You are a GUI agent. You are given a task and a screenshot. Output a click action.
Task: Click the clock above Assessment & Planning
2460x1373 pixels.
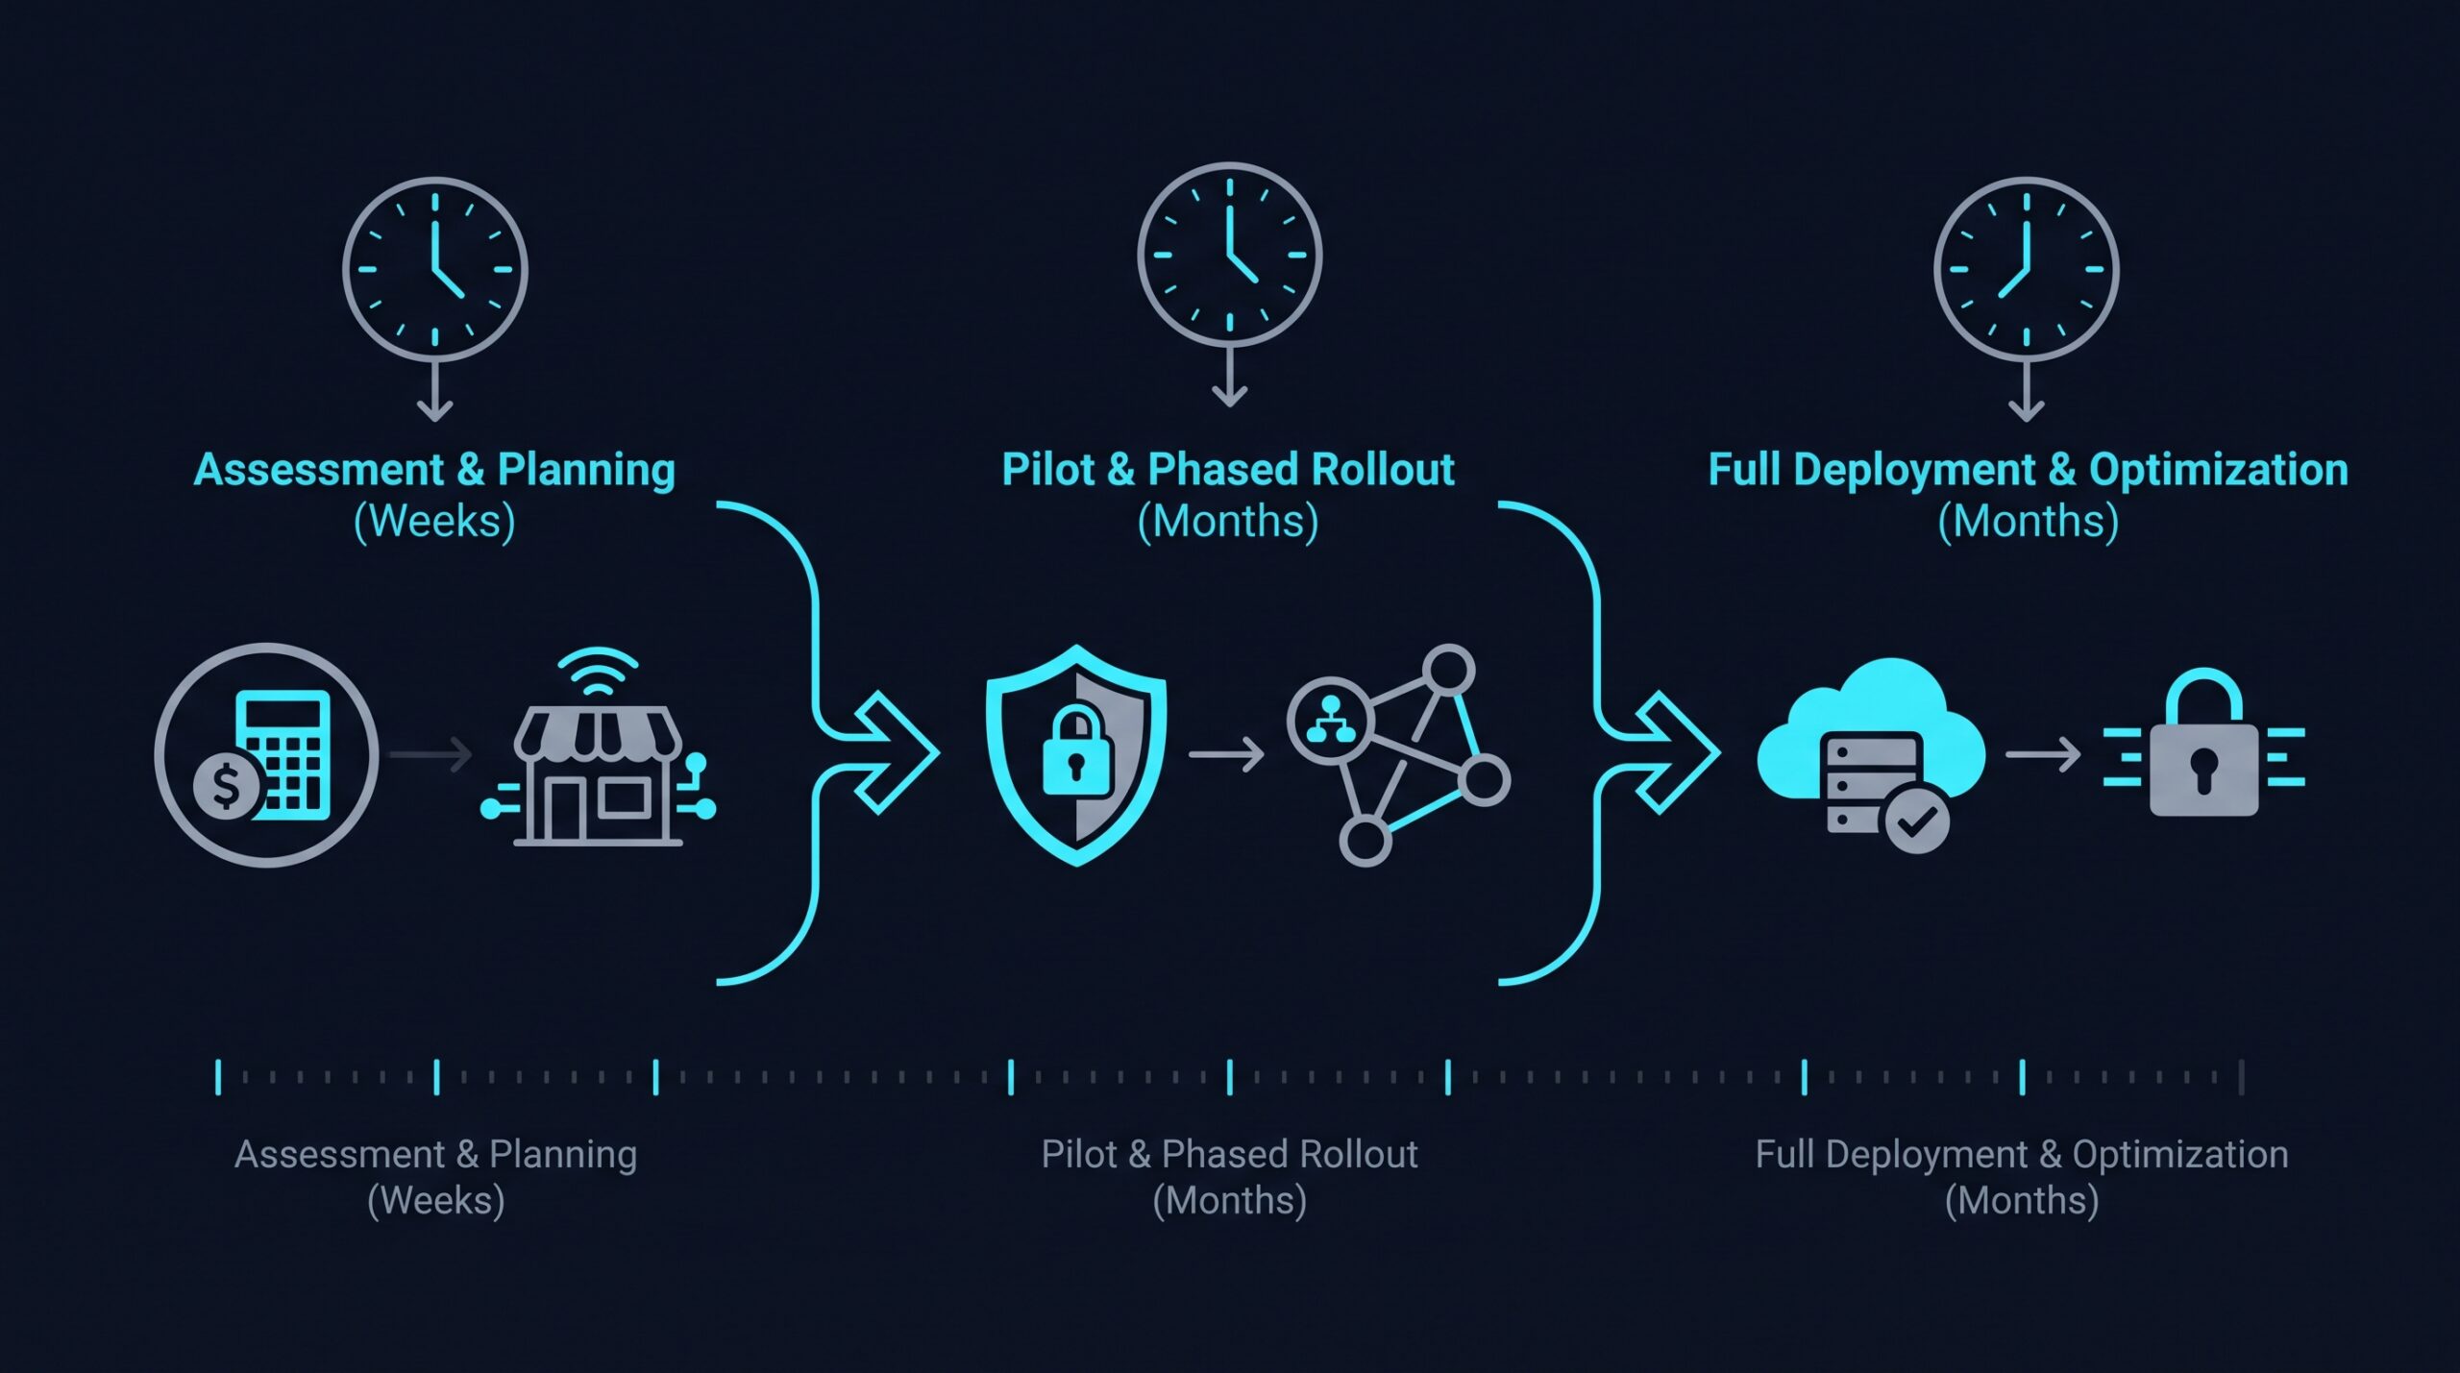[x=435, y=270]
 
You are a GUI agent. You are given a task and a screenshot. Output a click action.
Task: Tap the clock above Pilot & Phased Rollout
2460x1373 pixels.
[x=1230, y=256]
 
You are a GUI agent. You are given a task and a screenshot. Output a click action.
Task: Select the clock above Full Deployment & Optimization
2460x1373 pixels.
[x=2027, y=270]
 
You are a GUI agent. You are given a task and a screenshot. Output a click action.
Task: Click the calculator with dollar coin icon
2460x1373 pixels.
[x=266, y=755]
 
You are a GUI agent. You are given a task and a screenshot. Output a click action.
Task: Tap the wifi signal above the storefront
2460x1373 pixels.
[x=598, y=673]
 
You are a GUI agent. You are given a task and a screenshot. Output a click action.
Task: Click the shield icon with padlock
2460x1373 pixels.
[x=1076, y=755]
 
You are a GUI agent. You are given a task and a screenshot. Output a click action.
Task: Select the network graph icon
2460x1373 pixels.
[x=1399, y=755]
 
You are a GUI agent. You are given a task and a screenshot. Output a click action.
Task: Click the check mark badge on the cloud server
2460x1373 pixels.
[x=1917, y=821]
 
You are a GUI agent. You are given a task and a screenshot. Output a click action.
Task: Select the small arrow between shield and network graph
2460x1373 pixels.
[x=1226, y=755]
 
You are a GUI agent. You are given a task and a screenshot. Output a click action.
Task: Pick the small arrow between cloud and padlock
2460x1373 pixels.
[x=2043, y=755]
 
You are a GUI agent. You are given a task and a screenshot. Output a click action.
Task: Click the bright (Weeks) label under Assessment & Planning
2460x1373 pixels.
[x=435, y=522]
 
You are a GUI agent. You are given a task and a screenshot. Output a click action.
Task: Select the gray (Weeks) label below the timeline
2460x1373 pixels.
[x=436, y=1201]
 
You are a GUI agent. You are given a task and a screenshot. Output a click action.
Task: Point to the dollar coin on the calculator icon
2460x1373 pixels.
[x=227, y=786]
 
